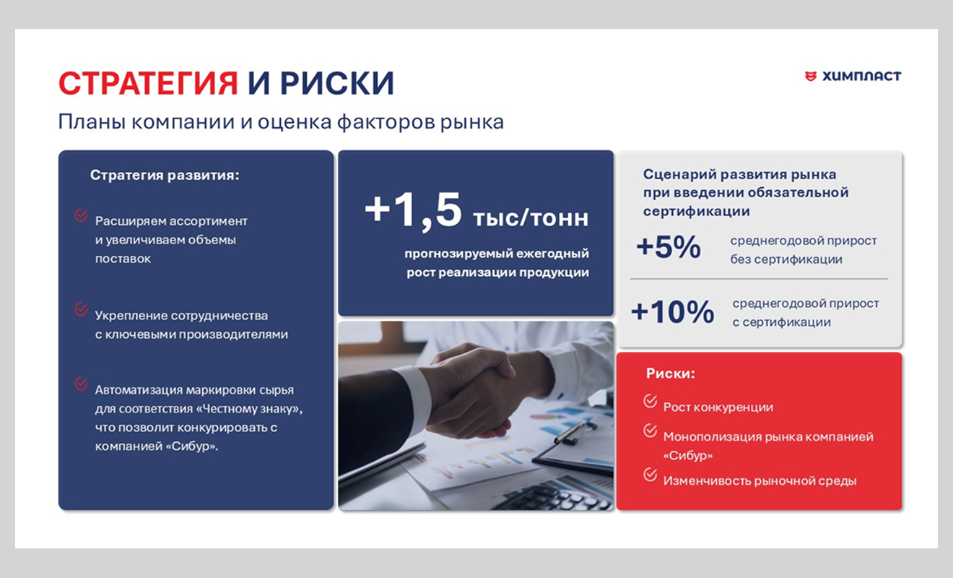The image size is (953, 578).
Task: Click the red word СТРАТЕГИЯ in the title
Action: point(148,84)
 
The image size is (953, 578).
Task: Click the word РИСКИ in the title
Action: point(337,84)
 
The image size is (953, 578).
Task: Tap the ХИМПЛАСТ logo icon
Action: point(811,76)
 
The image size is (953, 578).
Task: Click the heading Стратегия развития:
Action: point(165,175)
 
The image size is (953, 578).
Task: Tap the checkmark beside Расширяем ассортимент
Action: point(81,215)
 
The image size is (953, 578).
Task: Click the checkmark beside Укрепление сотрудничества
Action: point(81,309)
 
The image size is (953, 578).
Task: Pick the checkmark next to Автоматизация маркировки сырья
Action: point(81,384)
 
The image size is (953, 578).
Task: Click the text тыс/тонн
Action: point(531,217)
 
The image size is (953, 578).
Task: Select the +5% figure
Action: point(669,248)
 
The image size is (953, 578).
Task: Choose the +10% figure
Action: point(673,312)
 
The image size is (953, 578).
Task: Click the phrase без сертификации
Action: point(786,259)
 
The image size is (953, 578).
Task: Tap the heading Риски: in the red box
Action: point(670,374)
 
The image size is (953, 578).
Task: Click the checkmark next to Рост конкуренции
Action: point(650,401)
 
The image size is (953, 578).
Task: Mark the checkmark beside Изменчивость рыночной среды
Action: point(650,475)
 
